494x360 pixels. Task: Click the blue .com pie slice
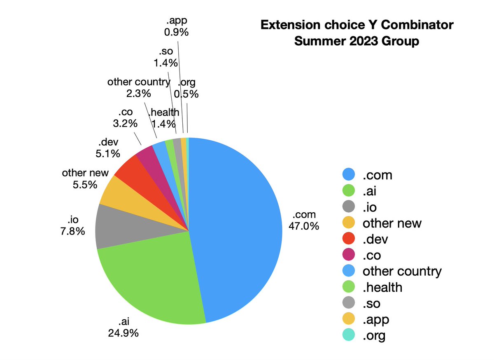[239, 230]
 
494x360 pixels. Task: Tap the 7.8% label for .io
[72, 231]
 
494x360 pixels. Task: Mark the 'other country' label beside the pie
[138, 82]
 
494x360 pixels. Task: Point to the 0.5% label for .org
[186, 94]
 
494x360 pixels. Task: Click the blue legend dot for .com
[349, 175]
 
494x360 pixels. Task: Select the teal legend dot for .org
[349, 335]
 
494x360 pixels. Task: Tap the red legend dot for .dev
[349, 239]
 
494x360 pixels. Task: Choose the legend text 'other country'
[402, 271]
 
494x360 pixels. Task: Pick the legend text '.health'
[382, 287]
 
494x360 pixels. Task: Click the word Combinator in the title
[418, 25]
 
